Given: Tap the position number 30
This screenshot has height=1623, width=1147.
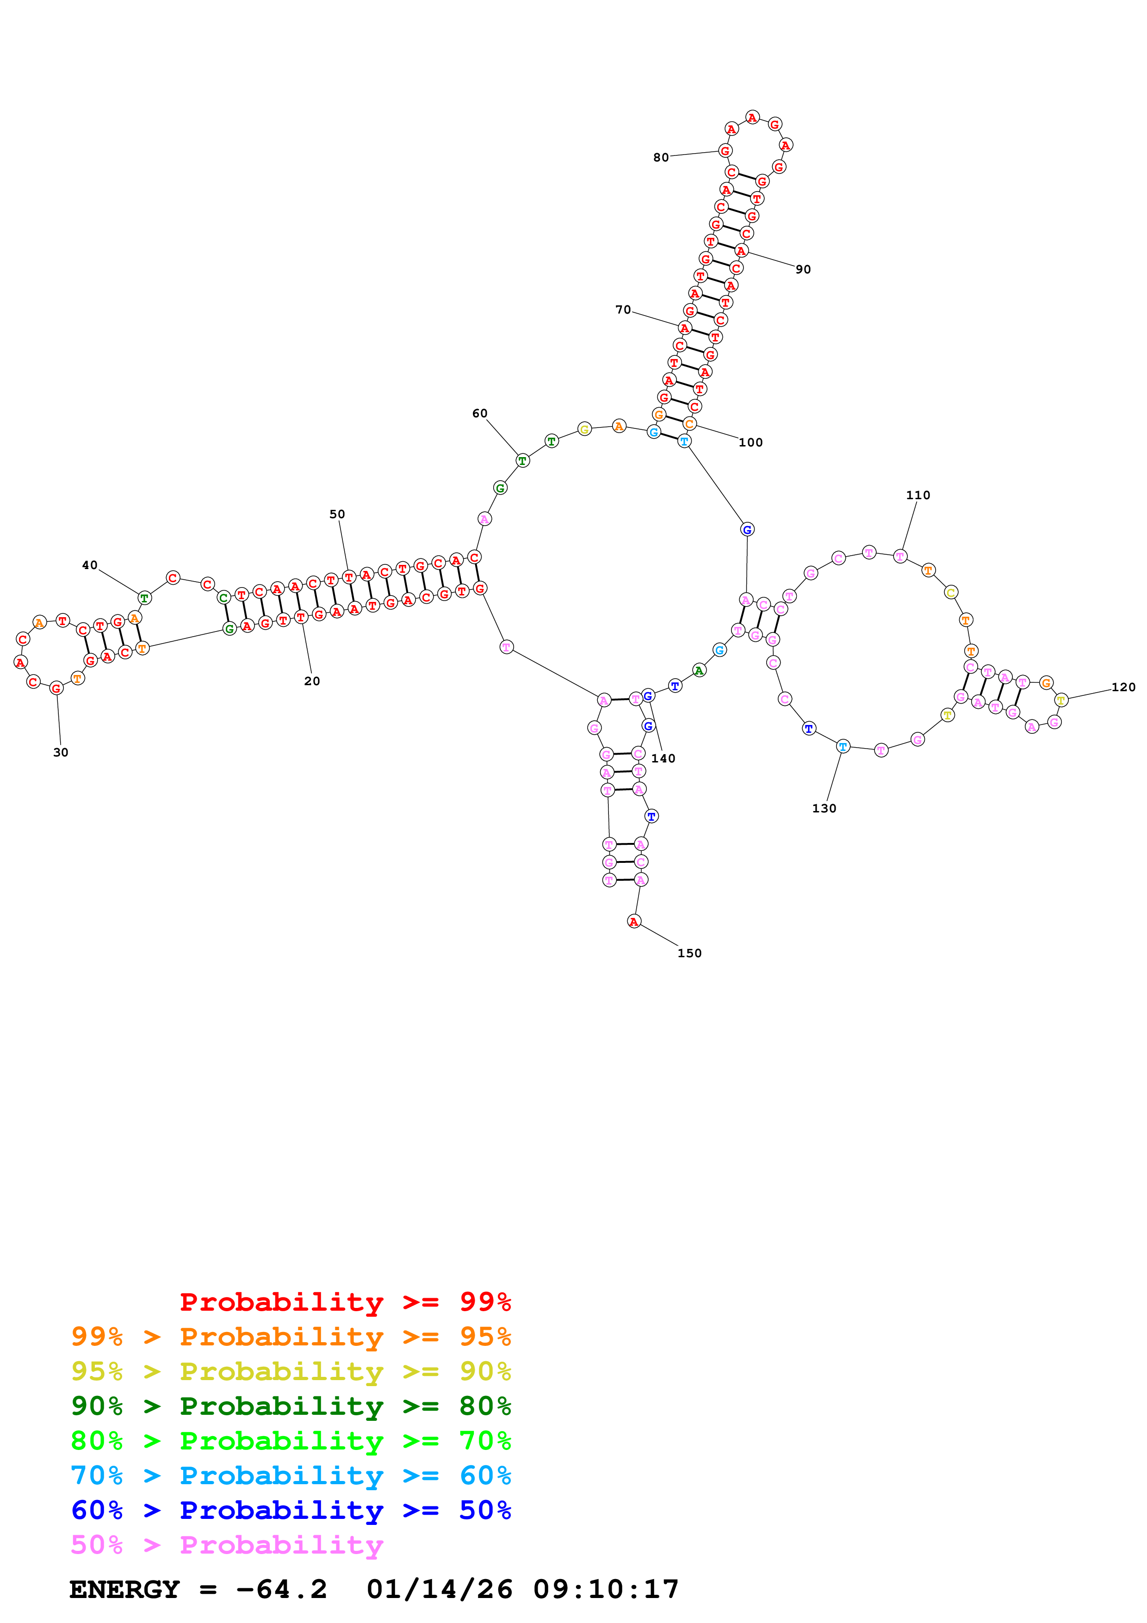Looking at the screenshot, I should [x=61, y=752].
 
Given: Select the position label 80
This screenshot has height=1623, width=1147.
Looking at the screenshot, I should [x=661, y=158].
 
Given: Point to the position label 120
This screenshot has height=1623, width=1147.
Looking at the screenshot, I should [x=1123, y=687].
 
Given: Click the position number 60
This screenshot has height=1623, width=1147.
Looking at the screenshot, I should [x=480, y=414].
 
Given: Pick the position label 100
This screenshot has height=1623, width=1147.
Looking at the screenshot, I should [x=750, y=442].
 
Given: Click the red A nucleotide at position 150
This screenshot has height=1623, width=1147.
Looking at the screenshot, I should [x=634, y=921].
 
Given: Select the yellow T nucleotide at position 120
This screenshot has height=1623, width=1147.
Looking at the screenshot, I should [x=1061, y=700].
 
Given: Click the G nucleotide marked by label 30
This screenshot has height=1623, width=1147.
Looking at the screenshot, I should [x=56, y=688].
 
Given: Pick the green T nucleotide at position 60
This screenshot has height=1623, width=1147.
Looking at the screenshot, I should [x=522, y=461].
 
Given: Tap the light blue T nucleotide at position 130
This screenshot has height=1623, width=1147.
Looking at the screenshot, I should [x=843, y=746].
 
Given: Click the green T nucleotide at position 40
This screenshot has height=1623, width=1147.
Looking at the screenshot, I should [x=144, y=598].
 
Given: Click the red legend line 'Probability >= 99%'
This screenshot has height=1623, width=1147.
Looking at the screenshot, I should [x=345, y=1302].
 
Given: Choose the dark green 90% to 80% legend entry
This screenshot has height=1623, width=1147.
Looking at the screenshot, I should [x=291, y=1406].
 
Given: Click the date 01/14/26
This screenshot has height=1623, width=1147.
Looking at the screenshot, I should [x=440, y=1590].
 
